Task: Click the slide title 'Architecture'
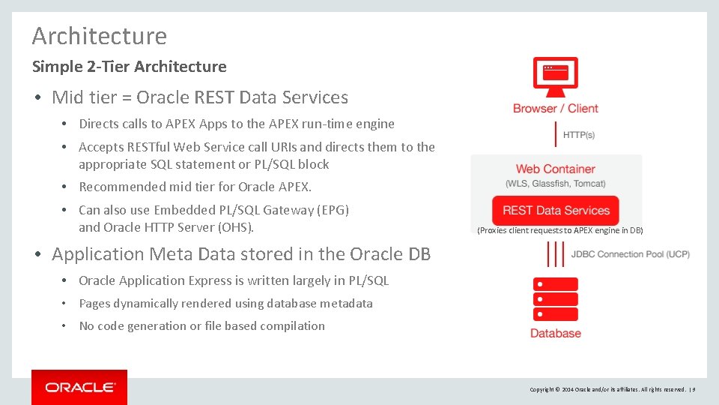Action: point(100,36)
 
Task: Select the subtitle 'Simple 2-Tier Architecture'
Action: point(129,67)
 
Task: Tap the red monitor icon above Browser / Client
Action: point(555,76)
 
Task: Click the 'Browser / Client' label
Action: point(555,109)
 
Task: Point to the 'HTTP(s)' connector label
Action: point(579,135)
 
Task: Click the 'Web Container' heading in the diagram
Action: point(555,169)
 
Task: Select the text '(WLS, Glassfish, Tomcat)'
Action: point(555,184)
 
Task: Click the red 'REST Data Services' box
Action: point(556,211)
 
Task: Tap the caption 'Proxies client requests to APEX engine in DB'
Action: point(559,230)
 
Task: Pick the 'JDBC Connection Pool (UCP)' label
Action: point(630,254)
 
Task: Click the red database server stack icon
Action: point(555,299)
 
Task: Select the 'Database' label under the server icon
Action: point(555,334)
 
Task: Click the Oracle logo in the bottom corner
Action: point(79,387)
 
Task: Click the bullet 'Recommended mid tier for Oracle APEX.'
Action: point(195,187)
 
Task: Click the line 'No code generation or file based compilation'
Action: point(201,325)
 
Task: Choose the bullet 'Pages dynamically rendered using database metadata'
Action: point(225,303)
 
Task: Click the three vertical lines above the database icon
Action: point(555,254)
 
